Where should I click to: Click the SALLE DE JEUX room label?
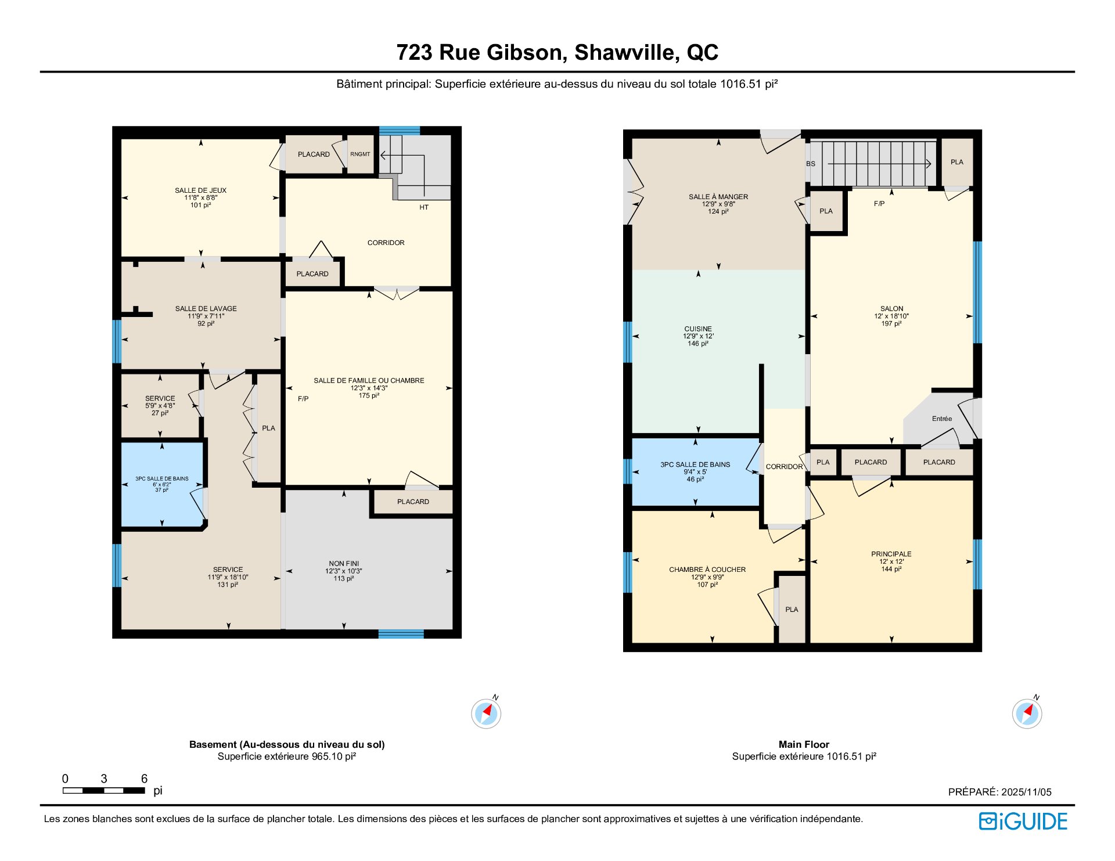click(200, 190)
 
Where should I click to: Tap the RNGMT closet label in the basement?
click(360, 154)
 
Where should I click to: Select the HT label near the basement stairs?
click(424, 207)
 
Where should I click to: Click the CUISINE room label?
click(698, 329)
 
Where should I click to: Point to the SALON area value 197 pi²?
click(891, 324)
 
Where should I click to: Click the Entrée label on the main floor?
click(942, 419)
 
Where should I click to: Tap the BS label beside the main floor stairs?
click(811, 164)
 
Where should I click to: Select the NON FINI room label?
click(344, 564)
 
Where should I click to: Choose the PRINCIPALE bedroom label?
click(891, 554)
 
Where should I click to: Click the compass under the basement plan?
click(486, 714)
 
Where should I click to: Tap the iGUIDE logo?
click(1023, 822)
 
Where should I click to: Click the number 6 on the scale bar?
click(144, 779)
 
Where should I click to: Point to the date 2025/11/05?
click(1026, 792)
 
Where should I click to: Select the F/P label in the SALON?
click(879, 204)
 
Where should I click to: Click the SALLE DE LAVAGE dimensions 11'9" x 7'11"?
click(206, 316)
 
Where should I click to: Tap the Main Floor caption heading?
click(804, 744)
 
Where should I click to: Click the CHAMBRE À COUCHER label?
click(707, 570)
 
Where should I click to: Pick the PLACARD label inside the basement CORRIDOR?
click(312, 274)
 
